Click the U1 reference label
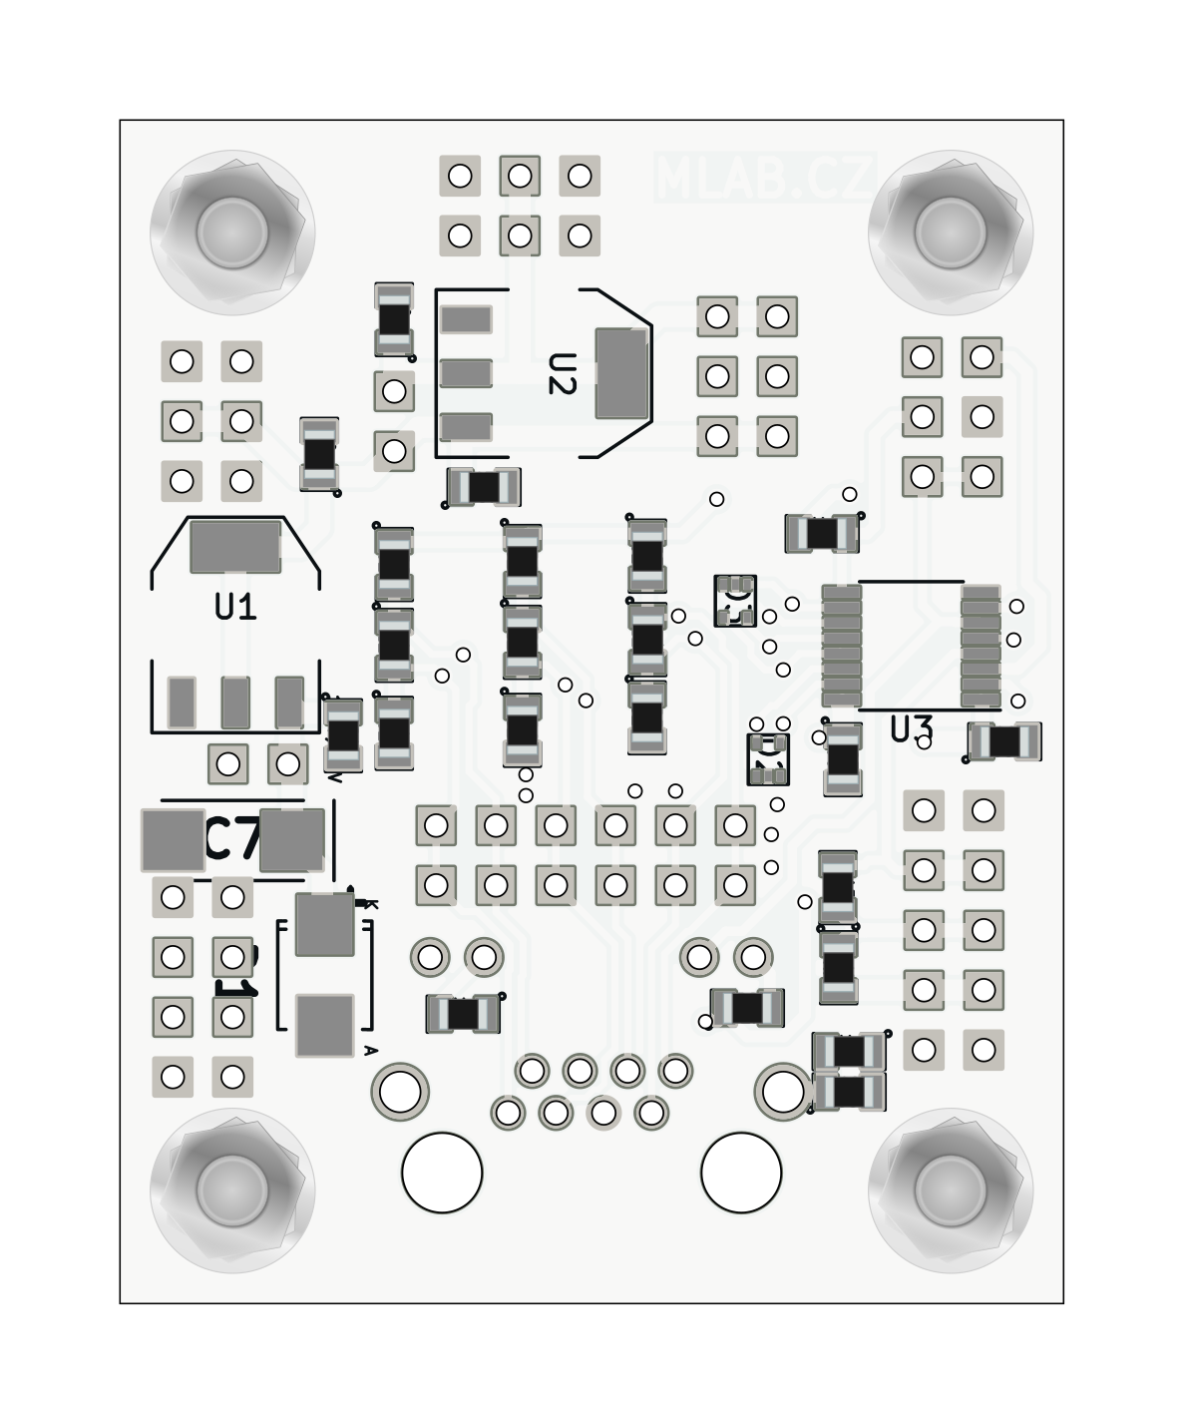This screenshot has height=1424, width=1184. pyautogui.click(x=235, y=607)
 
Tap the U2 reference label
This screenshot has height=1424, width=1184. pyautogui.click(x=562, y=374)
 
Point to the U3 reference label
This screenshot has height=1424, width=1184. pyautogui.click(x=910, y=730)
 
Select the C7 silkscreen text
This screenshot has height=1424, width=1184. pyautogui.click(x=232, y=840)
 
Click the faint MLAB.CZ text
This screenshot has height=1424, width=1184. pyautogui.click(x=765, y=178)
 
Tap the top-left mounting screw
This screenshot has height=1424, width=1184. pyautogui.click(x=232, y=232)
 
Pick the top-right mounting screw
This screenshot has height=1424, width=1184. pyautogui.click(x=950, y=232)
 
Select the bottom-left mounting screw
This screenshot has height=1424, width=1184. pyautogui.click(x=232, y=1188)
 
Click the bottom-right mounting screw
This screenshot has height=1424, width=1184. pyautogui.click(x=950, y=1188)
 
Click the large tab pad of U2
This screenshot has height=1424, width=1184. pyautogui.click(x=620, y=373)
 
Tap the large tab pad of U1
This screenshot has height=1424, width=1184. pyautogui.click(x=235, y=546)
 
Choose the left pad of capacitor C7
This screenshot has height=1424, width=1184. pyautogui.click(x=173, y=840)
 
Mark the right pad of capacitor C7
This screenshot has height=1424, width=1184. pyautogui.click(x=292, y=840)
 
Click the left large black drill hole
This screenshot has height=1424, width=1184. pyautogui.click(x=442, y=1173)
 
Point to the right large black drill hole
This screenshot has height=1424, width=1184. pyautogui.click(x=741, y=1173)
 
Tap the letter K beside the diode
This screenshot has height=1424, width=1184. pyautogui.click(x=371, y=904)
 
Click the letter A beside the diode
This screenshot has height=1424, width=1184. pyautogui.click(x=370, y=1050)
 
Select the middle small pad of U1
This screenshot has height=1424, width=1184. pyautogui.click(x=235, y=702)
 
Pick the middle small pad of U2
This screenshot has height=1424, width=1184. pyautogui.click(x=466, y=373)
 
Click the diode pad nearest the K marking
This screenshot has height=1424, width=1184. pyautogui.click(x=325, y=925)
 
